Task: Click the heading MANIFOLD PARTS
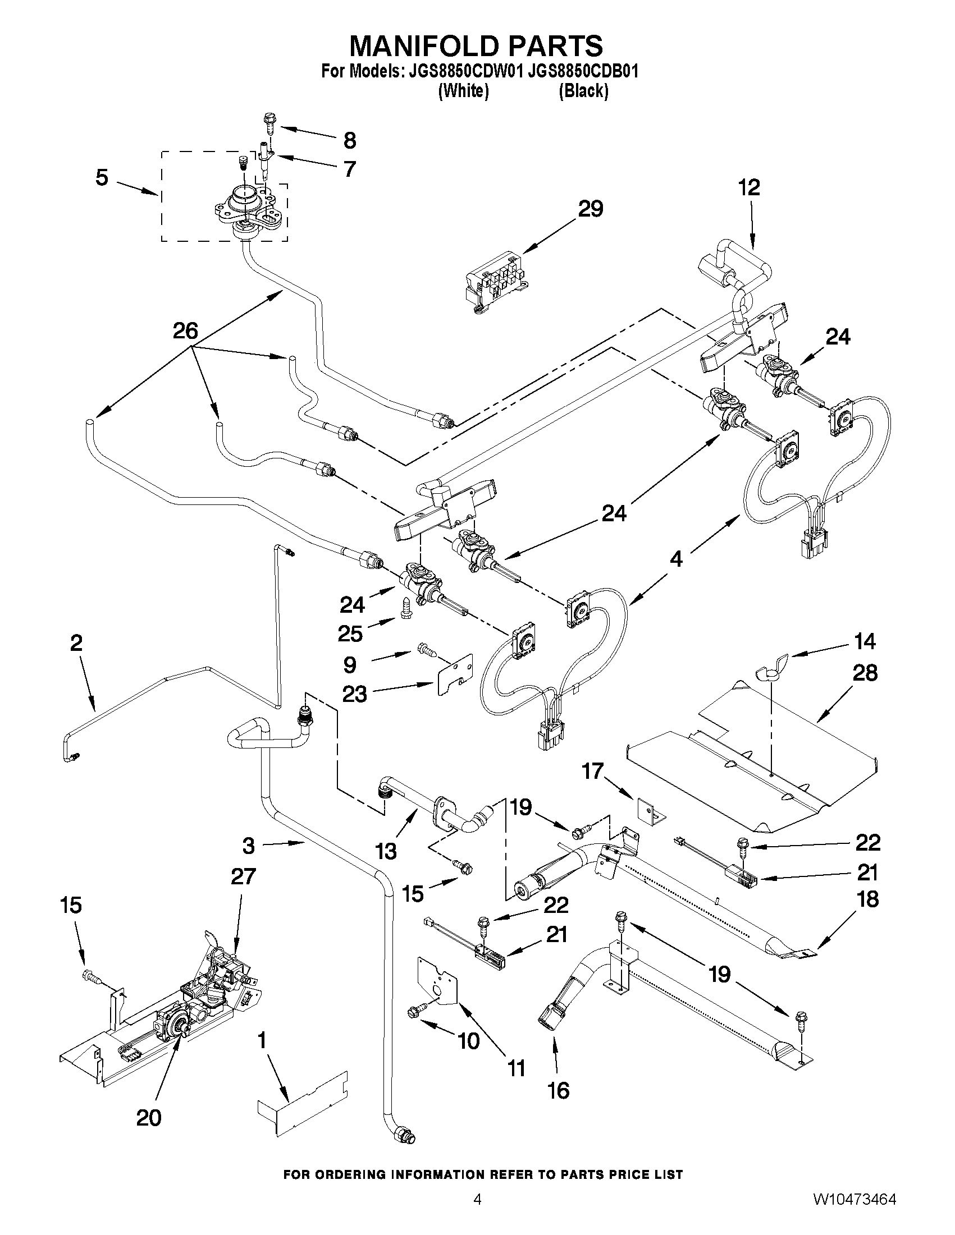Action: [x=476, y=45]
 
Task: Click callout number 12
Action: [x=748, y=188]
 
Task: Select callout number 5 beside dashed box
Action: [x=102, y=177]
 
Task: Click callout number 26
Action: [x=186, y=331]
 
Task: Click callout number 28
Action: [x=865, y=673]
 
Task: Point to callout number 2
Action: [x=76, y=643]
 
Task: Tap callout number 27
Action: [x=243, y=876]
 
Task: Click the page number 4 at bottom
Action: [x=477, y=1214]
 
